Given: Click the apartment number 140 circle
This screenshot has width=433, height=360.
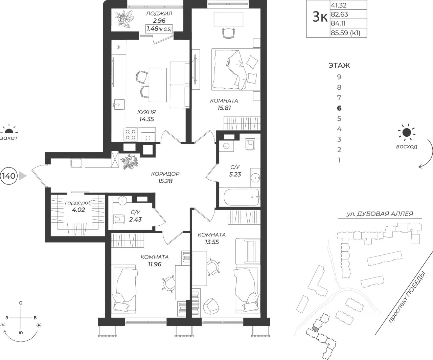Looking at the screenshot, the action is point(9,176).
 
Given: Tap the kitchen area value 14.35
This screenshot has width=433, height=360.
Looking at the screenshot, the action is point(146,119).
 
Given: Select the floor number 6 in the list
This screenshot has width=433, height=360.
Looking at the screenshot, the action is point(339,108).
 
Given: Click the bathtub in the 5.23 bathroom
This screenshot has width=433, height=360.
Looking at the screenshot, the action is point(242,197).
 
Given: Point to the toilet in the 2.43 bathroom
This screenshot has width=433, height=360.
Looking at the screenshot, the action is point(119,219).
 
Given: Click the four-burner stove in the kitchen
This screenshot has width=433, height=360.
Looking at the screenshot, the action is point(131,135).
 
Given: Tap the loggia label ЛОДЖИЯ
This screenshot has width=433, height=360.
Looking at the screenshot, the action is point(159,14).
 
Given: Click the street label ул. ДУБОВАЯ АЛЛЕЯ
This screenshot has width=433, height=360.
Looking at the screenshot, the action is point(380,214).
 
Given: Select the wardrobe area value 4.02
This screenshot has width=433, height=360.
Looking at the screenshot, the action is point(78,210).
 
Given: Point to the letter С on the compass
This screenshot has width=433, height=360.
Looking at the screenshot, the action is point(21,303).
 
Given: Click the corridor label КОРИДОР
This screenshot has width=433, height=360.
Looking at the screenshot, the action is point(165,174).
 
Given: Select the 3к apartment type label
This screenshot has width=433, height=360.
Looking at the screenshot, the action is point(320,17).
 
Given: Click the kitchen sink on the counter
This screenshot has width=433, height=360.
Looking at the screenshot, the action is point(118,105).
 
